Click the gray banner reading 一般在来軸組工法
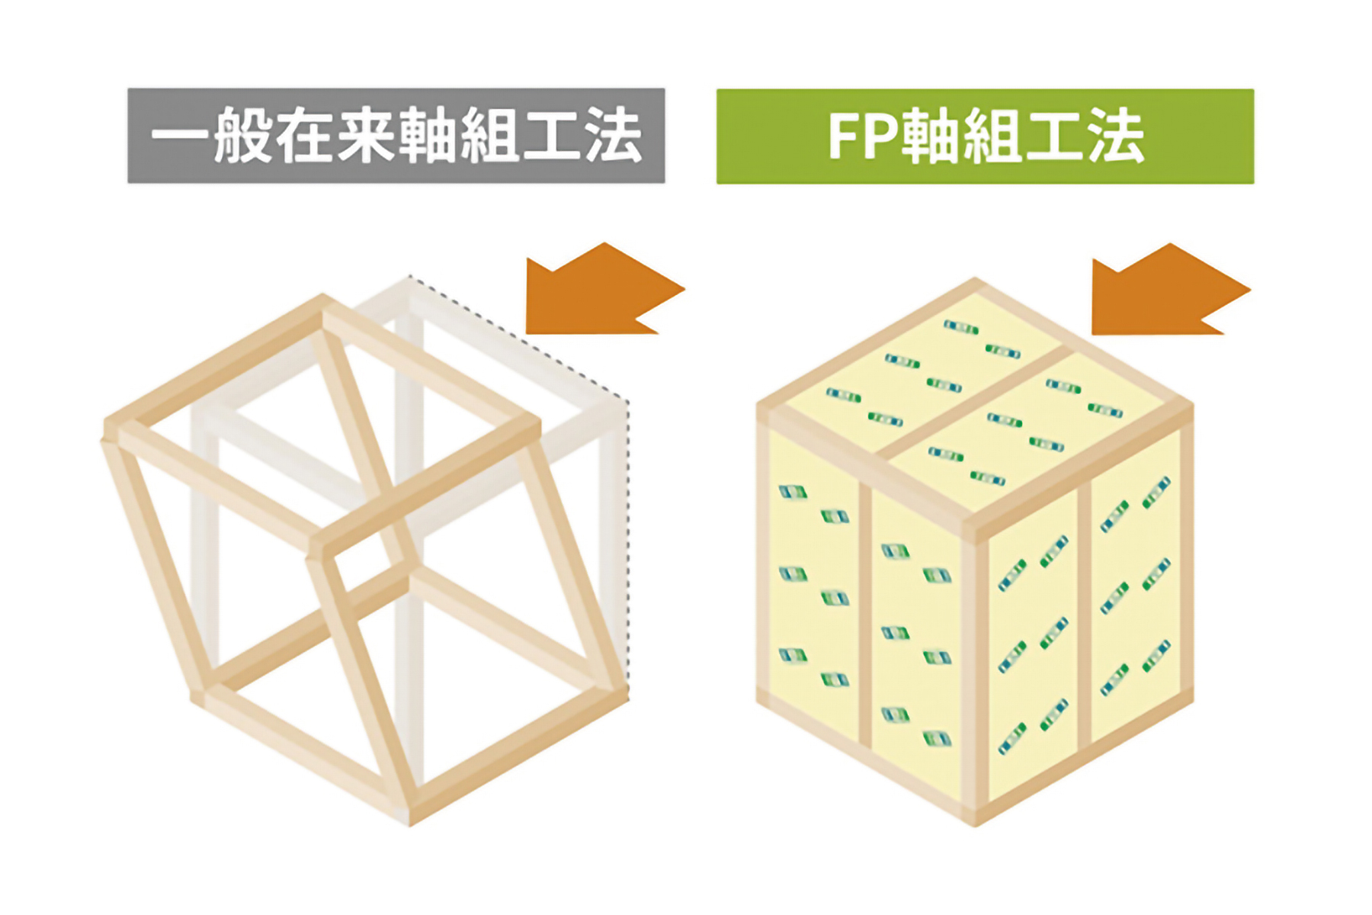pos(396,136)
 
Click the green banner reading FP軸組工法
pos(985,136)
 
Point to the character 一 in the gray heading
pos(180,137)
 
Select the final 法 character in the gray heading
pos(613,137)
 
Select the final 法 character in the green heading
pos(1116,137)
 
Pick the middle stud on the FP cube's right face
pos(1085,610)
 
